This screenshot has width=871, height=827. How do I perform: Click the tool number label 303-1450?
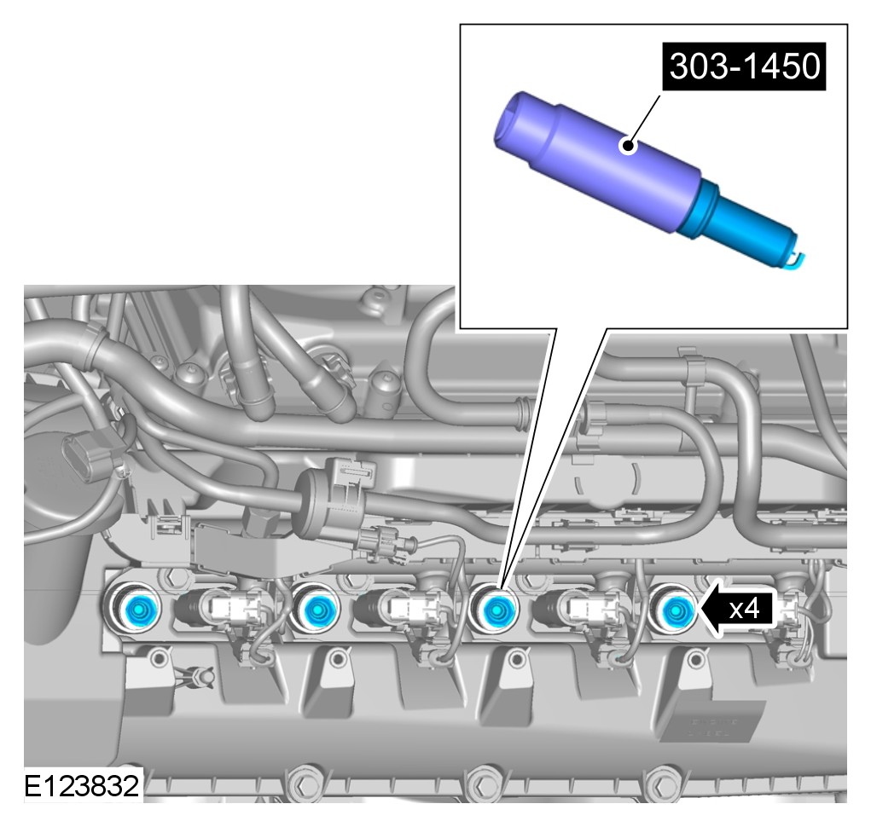(744, 66)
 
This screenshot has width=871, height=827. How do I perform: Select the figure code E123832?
(82, 786)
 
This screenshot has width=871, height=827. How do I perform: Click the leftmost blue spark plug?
(136, 610)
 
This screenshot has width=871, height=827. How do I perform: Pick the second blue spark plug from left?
(317, 610)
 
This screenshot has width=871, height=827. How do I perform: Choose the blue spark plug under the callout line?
(495, 610)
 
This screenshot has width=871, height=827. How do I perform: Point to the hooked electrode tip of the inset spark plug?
(798, 258)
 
